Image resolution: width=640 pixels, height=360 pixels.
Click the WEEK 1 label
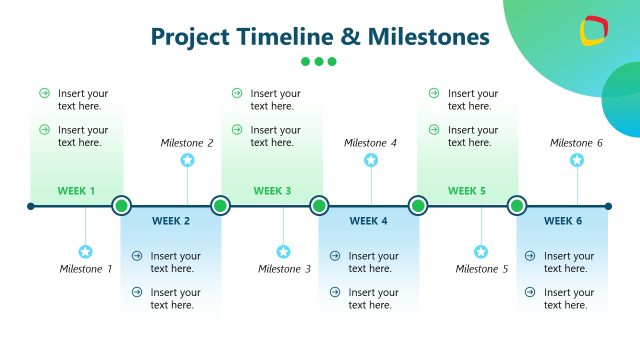(x=76, y=191)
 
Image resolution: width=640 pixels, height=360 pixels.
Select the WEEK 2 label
(x=171, y=221)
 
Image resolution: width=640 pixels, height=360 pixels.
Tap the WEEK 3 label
(x=272, y=191)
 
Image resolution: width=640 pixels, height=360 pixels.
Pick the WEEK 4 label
(x=369, y=221)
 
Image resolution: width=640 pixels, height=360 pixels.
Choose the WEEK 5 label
(x=467, y=191)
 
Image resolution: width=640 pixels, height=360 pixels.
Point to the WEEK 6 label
(x=563, y=221)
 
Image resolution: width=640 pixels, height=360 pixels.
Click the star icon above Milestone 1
(x=85, y=252)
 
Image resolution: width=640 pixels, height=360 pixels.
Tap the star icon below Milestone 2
(x=187, y=160)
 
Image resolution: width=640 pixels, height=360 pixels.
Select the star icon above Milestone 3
(x=283, y=252)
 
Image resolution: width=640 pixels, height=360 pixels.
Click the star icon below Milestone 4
(x=371, y=160)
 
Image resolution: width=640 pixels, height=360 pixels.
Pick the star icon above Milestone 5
(x=481, y=252)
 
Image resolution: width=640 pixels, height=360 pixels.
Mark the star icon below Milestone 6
(x=577, y=160)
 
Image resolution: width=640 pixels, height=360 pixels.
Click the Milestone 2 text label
(x=187, y=143)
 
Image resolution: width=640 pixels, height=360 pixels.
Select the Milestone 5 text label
(x=482, y=269)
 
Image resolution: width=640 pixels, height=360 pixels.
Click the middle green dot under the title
(x=319, y=61)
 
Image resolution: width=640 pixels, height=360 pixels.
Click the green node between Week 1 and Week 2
(x=122, y=206)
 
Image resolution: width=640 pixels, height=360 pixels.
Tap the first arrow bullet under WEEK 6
(x=530, y=256)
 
